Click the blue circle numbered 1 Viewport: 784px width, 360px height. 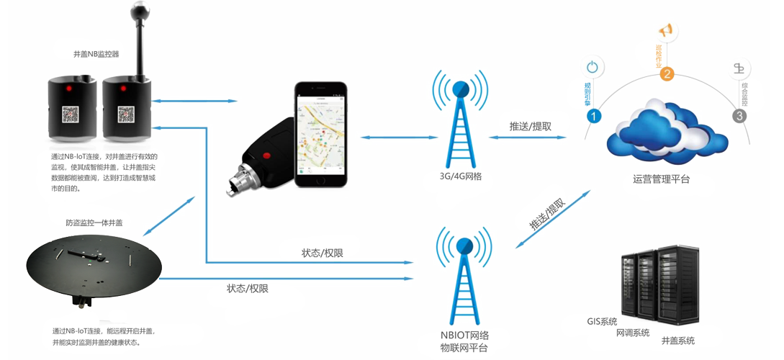pos(593,116)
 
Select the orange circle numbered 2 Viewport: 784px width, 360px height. pos(667,74)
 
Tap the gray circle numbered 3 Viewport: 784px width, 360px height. pos(738,116)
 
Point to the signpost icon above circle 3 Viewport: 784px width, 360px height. pos(738,69)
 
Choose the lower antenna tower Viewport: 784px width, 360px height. pos(463,280)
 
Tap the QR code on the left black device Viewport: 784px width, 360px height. pos(70,115)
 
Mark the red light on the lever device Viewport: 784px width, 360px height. pos(122,88)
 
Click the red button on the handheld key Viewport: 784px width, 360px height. pos(267,155)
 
